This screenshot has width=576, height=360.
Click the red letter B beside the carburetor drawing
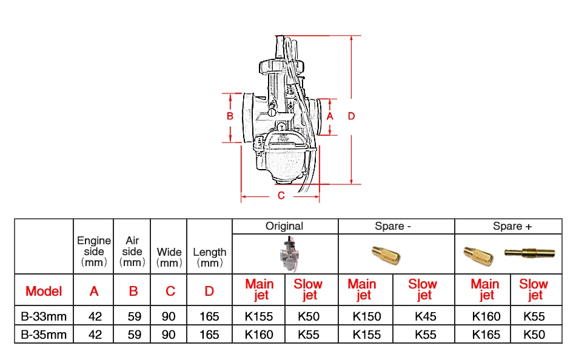click(x=230, y=116)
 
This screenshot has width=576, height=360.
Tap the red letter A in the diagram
click(x=330, y=116)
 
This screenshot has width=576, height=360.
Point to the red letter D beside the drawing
click(x=352, y=116)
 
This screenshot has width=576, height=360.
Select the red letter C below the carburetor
click(x=281, y=195)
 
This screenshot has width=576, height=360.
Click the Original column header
click(x=284, y=226)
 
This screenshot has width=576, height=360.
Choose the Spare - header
click(x=393, y=226)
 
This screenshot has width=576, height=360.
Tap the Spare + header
click(x=512, y=226)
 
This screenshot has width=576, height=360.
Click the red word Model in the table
click(x=44, y=291)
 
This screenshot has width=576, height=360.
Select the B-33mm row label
click(x=44, y=316)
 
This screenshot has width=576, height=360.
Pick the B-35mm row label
click(x=44, y=335)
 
